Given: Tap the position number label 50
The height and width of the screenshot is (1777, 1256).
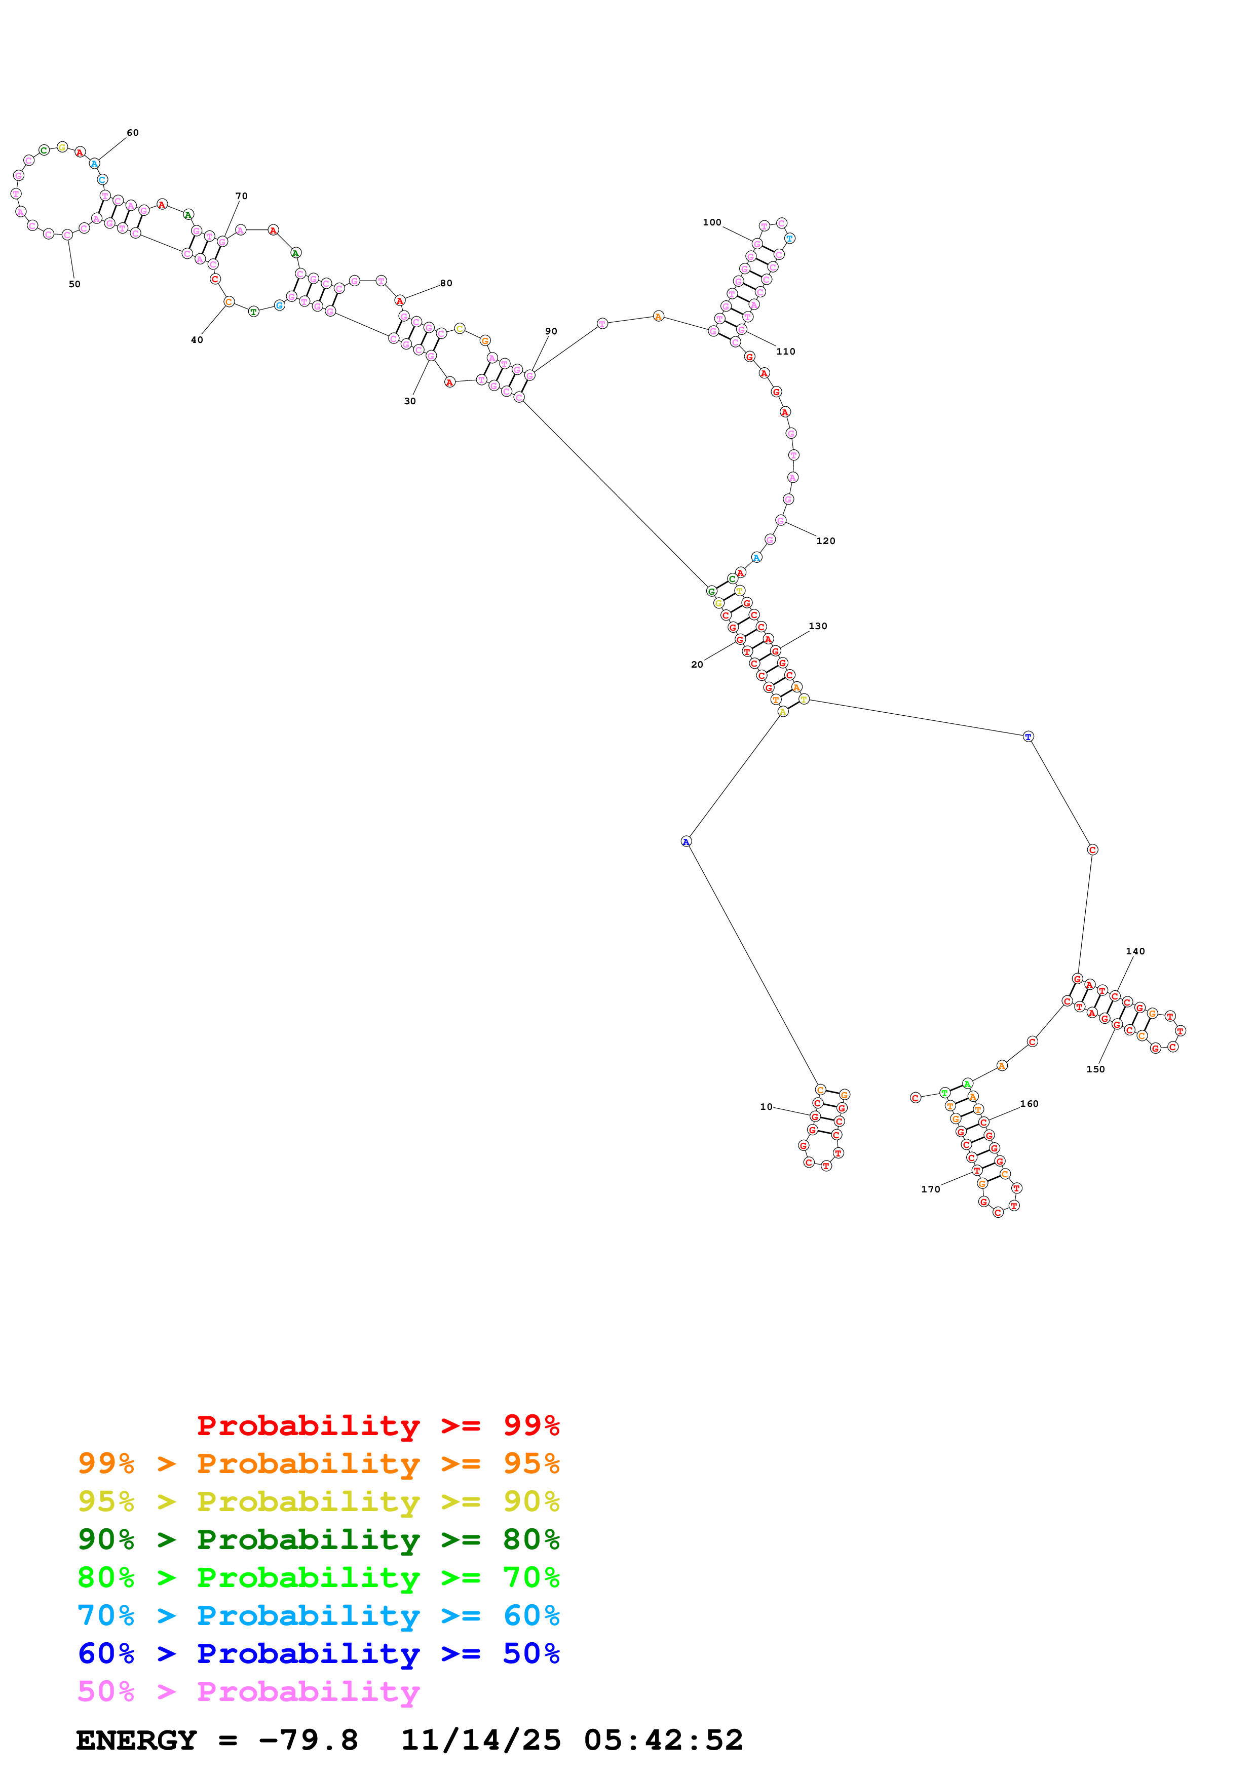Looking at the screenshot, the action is pyautogui.click(x=74, y=284).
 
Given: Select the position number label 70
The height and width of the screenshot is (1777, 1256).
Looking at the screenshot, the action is pyautogui.click(x=242, y=196).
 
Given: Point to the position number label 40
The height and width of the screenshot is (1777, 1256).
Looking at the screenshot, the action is pyautogui.click(x=197, y=340).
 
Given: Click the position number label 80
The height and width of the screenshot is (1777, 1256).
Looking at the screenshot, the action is pyautogui.click(x=446, y=283).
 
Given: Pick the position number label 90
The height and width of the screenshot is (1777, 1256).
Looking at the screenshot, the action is pyautogui.click(x=551, y=331).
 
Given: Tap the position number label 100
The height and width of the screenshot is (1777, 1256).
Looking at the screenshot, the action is pyautogui.click(x=712, y=222).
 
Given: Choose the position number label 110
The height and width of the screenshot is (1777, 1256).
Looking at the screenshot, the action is pyautogui.click(x=785, y=352).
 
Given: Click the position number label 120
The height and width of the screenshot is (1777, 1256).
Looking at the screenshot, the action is pyautogui.click(x=826, y=541).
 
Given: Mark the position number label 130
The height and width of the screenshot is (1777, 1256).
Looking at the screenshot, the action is pyautogui.click(x=818, y=626).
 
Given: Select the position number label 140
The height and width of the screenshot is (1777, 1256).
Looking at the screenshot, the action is pyautogui.click(x=1135, y=951).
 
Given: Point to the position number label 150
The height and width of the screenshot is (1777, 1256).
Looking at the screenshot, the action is pyautogui.click(x=1096, y=1070).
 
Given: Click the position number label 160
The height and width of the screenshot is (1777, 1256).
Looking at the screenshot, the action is pyautogui.click(x=1029, y=1104).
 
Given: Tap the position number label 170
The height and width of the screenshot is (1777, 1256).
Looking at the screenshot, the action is pyautogui.click(x=930, y=1189).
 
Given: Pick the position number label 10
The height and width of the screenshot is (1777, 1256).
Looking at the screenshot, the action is pyautogui.click(x=766, y=1107).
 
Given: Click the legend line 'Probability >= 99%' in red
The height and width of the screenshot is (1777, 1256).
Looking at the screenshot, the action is pyautogui.click(x=378, y=1425).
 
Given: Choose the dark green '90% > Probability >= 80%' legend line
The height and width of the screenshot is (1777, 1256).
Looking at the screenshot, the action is pyautogui.click(x=319, y=1539).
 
